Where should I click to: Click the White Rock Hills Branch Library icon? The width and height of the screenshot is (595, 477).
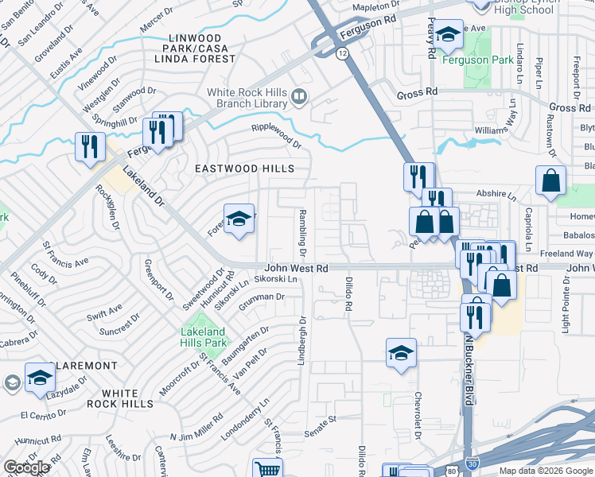tap(300, 98)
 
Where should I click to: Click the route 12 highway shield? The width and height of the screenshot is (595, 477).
tap(342, 52)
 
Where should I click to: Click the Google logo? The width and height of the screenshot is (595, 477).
tap(26, 467)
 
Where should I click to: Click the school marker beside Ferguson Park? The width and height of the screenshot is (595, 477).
tap(449, 35)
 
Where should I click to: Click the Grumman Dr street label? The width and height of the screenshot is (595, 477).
tap(267, 297)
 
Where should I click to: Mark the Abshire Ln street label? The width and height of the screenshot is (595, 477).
tap(496, 193)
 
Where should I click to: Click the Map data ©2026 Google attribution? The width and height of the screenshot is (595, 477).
tap(546, 471)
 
